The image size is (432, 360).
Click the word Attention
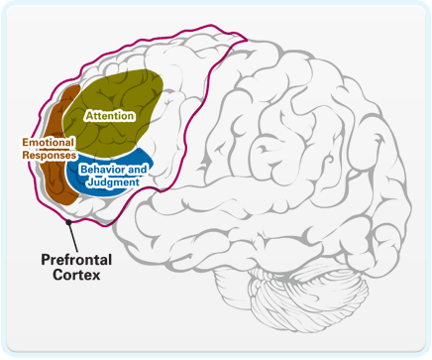click(110, 116)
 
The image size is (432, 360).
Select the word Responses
click(49, 155)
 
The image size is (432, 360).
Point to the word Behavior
click(99, 172)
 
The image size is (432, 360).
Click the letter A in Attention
click(89, 116)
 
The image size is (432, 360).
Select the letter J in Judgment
click(85, 182)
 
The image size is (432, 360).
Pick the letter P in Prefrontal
click(45, 260)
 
